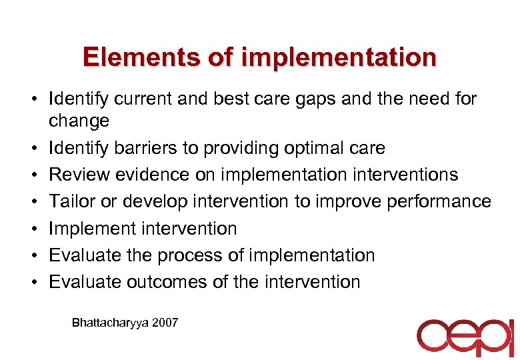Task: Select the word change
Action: (79, 121)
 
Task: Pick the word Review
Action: (81, 175)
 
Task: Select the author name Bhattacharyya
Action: (110, 323)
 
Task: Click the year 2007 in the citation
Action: (165, 323)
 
